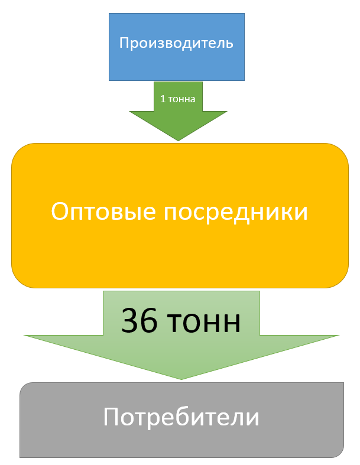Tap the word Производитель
click(177, 43)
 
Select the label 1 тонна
click(177, 99)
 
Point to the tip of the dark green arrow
click(178, 139)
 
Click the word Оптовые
click(102, 212)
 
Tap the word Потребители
click(181, 418)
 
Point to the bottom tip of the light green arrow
click(181, 378)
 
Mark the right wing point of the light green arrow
click(338, 336)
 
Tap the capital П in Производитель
click(124, 43)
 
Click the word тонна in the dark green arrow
click(182, 99)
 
